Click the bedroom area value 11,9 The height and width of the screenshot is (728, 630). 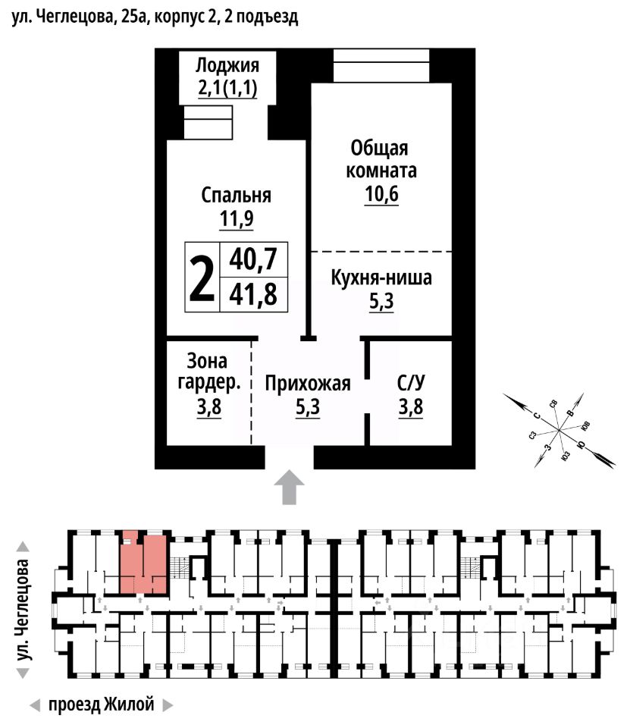pyautogui.click(x=237, y=220)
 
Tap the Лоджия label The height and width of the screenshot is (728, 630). pyautogui.click(x=227, y=64)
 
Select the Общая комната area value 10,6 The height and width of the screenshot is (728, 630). pyautogui.click(x=381, y=194)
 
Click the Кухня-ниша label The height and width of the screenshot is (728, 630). pyautogui.click(x=381, y=278)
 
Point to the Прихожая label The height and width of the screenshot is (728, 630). pyautogui.click(x=308, y=384)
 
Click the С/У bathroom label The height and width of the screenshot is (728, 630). pyautogui.click(x=410, y=384)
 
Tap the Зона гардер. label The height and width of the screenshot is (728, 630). pyautogui.click(x=208, y=372)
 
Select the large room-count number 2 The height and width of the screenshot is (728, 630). pyautogui.click(x=201, y=279)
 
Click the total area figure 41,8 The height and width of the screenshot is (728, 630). pyautogui.click(x=253, y=293)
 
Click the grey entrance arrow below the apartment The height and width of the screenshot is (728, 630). pyautogui.click(x=289, y=486)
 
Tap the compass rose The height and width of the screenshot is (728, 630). pyautogui.click(x=559, y=429)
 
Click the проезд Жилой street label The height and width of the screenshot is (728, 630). pyautogui.click(x=101, y=705)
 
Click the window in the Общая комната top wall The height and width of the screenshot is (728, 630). pyautogui.click(x=381, y=66)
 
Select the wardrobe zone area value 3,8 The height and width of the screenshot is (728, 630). pyautogui.click(x=208, y=408)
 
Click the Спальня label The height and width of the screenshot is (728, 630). pyautogui.click(x=237, y=195)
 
